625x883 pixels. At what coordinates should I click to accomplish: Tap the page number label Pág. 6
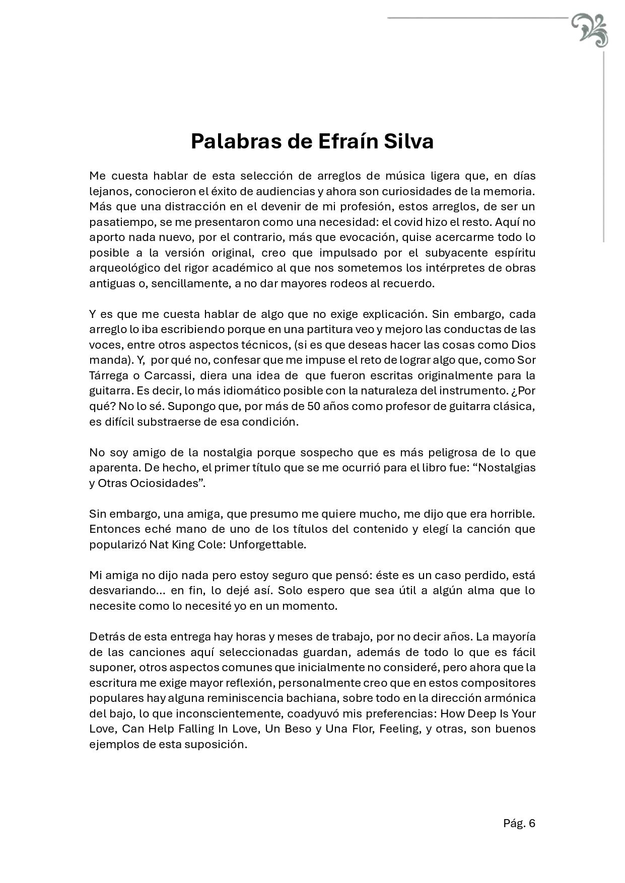[x=519, y=823]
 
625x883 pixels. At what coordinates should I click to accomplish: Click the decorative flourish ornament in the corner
[x=590, y=30]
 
